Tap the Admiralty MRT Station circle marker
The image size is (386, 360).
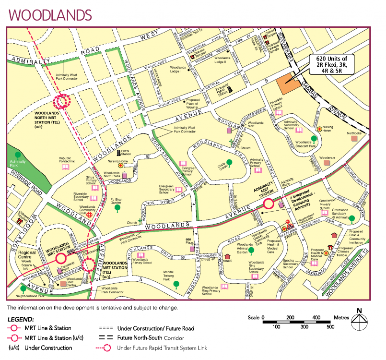269,204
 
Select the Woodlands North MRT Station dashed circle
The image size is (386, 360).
62,101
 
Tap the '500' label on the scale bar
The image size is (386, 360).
330,327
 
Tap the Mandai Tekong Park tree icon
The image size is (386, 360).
176,284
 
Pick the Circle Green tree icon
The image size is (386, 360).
229,162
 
